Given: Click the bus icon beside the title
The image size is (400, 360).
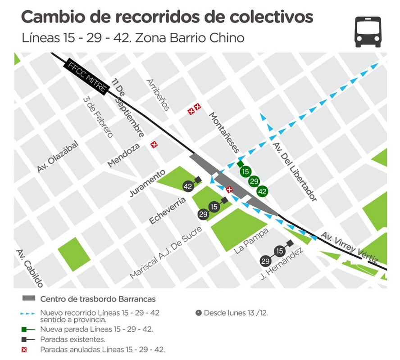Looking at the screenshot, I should tap(368, 31).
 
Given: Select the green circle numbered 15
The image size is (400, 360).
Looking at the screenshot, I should tap(245, 171).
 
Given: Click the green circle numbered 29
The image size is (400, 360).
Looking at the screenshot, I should tap(254, 181).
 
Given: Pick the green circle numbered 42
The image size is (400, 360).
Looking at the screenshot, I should tap(262, 191).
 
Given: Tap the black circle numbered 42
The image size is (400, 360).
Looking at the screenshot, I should tap(188, 186).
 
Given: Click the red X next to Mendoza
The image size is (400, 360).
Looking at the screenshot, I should tap(155, 144).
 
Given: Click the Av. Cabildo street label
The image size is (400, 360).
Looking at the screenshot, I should tap(29, 268).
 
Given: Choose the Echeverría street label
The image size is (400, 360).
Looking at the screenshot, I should tap(168, 210).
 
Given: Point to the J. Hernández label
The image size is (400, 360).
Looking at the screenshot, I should tap(282, 264).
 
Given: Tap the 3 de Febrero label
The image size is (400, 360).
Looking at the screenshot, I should tap(98, 117).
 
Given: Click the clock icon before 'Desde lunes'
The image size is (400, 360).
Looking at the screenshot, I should tap(199, 312).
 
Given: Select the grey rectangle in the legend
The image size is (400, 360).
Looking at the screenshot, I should tap(28, 298).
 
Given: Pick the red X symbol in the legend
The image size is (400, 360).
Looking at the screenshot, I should tap(28, 349).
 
